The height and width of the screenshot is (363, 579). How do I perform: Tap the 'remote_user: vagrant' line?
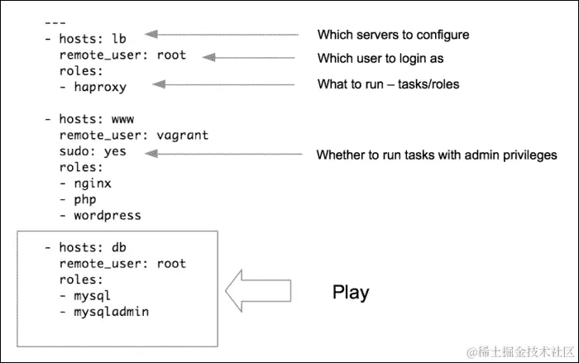133,135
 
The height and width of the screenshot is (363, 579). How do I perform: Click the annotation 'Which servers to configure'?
393,35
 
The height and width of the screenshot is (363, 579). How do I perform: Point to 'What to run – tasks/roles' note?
389,84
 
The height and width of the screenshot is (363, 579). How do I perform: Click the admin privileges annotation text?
437,155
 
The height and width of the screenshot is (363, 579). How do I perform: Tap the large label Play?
351,292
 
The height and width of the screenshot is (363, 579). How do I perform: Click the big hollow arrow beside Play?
258,289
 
